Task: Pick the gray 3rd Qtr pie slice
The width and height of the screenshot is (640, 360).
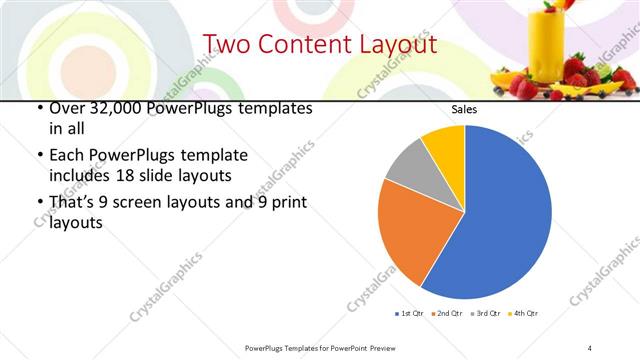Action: tap(408, 166)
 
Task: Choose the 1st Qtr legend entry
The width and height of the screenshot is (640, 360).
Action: tap(410, 314)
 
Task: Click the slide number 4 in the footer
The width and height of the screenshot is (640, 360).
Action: tap(590, 347)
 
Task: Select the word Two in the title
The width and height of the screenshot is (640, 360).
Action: tap(226, 45)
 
